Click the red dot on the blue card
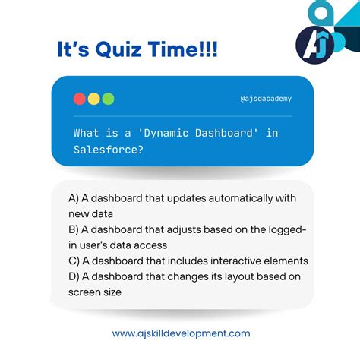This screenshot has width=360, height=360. (x=79, y=99)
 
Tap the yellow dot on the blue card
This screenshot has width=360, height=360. (x=93, y=99)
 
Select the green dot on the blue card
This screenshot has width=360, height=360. (x=108, y=99)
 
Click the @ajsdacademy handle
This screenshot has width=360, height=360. (x=265, y=99)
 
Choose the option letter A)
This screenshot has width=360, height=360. (x=74, y=197)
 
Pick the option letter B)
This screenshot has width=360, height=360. (x=74, y=229)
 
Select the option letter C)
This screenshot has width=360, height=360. (x=74, y=261)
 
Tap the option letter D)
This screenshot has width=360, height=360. (x=74, y=276)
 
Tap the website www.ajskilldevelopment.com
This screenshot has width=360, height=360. (x=181, y=333)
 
